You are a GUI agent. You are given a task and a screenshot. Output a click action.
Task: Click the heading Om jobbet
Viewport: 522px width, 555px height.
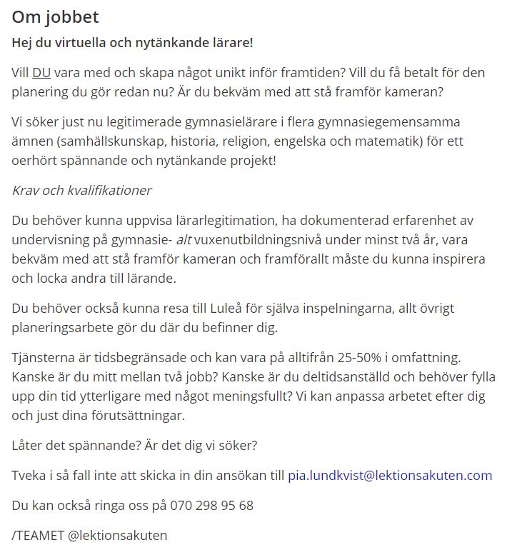55,17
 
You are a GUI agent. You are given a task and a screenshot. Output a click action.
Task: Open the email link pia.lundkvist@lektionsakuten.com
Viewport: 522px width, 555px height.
390,476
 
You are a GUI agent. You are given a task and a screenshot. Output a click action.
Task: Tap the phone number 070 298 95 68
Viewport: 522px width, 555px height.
212,506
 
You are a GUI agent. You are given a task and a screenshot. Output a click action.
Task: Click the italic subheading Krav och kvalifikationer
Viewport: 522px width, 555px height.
81,191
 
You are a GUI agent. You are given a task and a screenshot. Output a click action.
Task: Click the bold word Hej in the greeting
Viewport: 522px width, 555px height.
23,42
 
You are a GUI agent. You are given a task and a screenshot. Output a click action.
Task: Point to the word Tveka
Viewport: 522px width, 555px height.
29,476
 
